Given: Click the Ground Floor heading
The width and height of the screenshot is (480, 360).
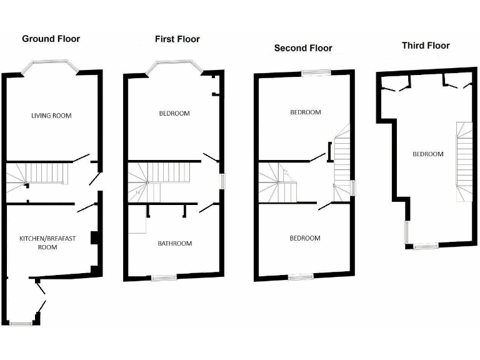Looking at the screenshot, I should point(51,39).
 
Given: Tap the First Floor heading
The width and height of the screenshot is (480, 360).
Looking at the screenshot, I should point(177,39).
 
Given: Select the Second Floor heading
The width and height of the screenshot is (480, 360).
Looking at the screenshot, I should point(303,48).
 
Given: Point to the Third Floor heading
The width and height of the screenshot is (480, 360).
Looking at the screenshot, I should point(426,45).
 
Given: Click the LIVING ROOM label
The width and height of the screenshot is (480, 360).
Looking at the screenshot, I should point(51,116).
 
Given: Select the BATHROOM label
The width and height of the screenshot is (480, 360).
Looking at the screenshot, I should point(174,243).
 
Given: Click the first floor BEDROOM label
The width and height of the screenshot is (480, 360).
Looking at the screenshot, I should point(174,114).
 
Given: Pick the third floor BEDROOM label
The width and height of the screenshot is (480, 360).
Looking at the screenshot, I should point(427,154).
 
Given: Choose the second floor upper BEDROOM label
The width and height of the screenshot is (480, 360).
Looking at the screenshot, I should point(305,112).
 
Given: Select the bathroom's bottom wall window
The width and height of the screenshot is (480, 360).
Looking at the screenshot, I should point(164,277).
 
